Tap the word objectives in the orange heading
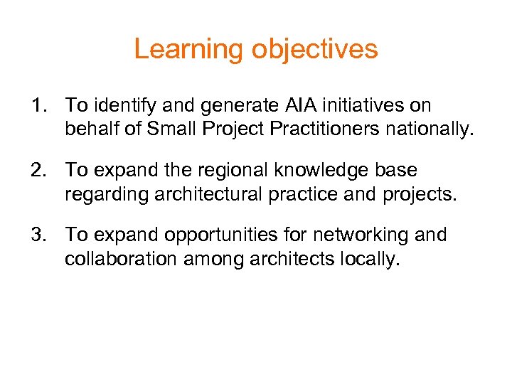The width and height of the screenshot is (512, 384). click(x=314, y=50)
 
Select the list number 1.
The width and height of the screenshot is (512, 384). click(x=38, y=106)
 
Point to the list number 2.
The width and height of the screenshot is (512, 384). click(x=38, y=171)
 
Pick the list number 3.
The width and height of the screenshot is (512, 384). click(x=38, y=235)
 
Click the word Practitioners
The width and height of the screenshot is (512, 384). click(x=326, y=130)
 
